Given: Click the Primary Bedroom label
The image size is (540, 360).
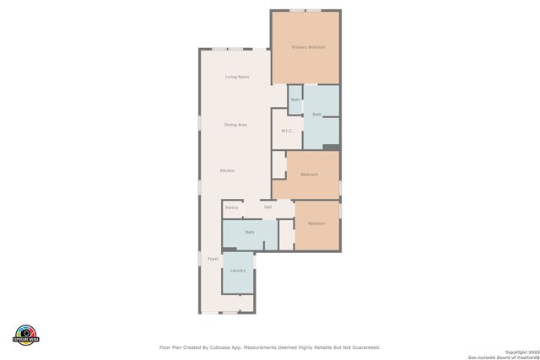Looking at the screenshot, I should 308,47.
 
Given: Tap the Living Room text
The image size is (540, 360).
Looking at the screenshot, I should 237,77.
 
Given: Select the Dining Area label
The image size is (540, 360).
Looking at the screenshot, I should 235,125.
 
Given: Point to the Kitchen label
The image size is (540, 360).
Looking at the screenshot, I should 227,171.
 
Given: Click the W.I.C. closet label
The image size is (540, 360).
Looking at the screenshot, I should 287,132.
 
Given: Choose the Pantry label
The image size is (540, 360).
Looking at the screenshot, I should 232,207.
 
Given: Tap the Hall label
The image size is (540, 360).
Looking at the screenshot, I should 267,207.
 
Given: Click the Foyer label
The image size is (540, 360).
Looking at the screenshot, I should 213,259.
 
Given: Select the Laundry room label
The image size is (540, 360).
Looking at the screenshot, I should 238,271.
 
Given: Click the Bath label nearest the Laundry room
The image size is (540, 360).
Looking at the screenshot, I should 250,232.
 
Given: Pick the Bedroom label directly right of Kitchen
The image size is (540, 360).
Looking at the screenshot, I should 310,175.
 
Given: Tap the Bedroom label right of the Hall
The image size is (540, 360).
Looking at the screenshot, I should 316,223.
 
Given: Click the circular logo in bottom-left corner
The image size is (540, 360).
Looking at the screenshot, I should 26,335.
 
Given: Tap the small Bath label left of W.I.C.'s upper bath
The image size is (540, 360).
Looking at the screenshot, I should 295,100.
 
